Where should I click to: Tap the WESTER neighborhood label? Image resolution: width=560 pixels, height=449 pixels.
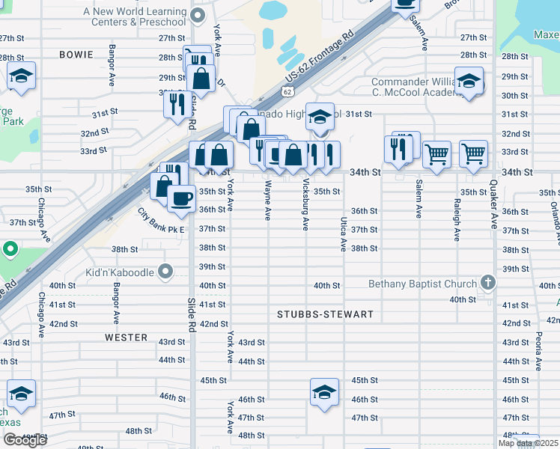click(x=126, y=337)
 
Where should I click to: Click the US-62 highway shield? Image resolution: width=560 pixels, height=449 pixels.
click(x=288, y=91)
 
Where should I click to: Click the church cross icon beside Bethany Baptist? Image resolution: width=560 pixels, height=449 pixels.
click(x=488, y=284)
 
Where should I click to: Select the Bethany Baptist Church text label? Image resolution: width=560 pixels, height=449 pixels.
click(x=422, y=284)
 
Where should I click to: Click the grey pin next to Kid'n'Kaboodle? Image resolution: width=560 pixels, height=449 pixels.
click(x=165, y=271)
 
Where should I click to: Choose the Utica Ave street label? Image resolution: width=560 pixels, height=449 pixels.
click(x=343, y=233)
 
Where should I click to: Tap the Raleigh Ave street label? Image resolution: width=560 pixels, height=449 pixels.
click(x=456, y=219)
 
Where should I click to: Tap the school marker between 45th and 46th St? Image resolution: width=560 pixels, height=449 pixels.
click(x=324, y=392)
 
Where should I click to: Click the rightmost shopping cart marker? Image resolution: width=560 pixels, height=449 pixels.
click(x=473, y=153)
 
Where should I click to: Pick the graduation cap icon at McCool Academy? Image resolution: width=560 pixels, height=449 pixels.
click(x=469, y=80)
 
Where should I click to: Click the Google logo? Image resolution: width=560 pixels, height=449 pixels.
click(x=25, y=440)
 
